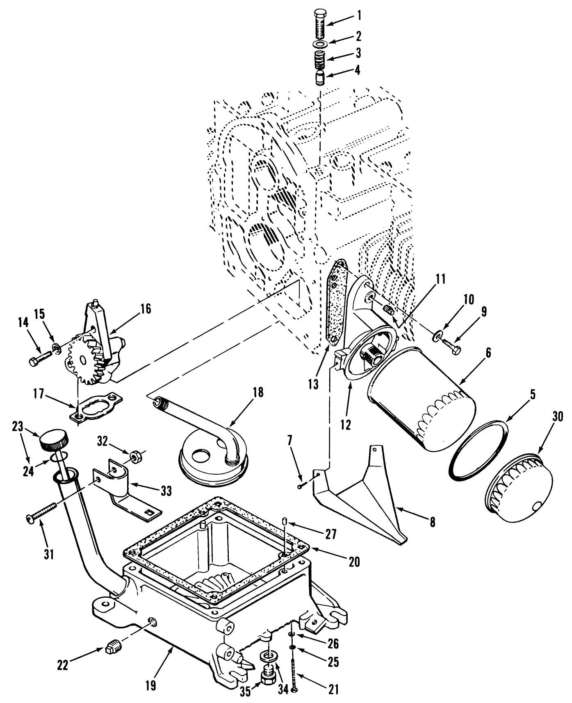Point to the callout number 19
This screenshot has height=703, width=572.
coord(150,686)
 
